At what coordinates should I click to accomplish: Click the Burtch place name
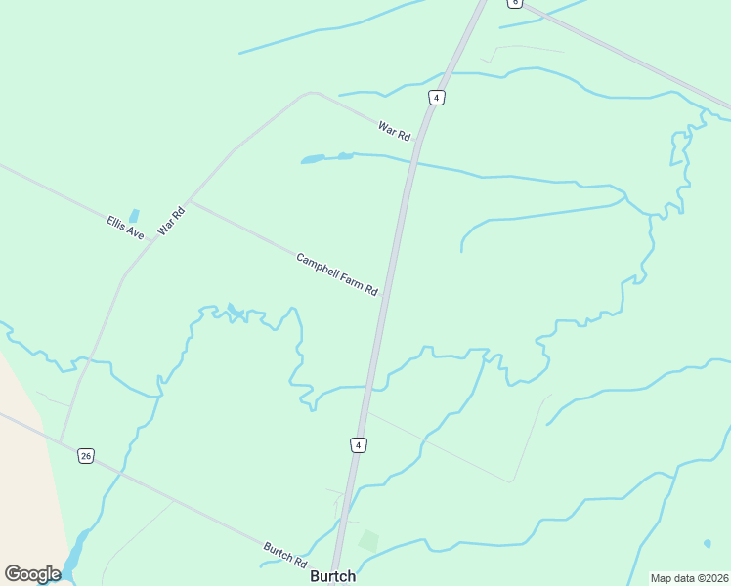[332, 576]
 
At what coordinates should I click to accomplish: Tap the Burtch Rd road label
[285, 556]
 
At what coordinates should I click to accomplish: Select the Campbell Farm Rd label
[337, 274]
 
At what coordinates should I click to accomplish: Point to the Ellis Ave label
[125, 229]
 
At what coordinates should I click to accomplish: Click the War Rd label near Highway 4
[394, 129]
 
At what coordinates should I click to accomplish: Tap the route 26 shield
[86, 456]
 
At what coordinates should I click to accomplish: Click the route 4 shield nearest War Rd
[436, 97]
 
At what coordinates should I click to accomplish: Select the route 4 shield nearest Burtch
[359, 445]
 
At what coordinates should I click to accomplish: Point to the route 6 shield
[515, 3]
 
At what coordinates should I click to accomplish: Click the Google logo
[32, 574]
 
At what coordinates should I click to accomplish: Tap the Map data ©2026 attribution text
[690, 578]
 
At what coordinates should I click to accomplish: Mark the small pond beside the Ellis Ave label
[134, 215]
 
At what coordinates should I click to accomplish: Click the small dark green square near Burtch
[368, 539]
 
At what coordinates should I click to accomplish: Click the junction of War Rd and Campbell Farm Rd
[190, 201]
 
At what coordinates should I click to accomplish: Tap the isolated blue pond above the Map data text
[707, 543]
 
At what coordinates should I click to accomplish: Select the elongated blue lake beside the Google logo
[74, 554]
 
